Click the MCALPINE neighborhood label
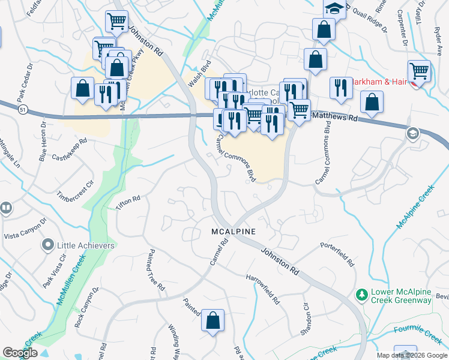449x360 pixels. [234, 232]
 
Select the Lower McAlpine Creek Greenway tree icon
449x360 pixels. [361, 295]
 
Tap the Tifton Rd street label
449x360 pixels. [128, 202]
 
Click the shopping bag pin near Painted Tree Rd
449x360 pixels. [212, 320]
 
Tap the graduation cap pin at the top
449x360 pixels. [334, 8]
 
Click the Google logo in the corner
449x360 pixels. [20, 353]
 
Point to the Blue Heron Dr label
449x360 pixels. [43, 147]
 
